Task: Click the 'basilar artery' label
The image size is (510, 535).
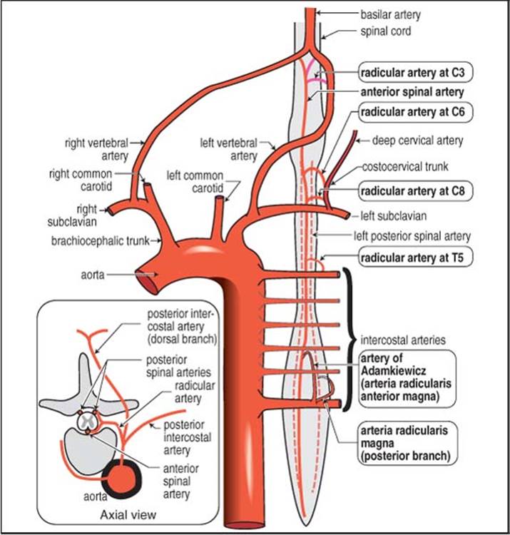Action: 391,15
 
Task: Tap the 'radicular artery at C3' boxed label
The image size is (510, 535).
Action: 416,72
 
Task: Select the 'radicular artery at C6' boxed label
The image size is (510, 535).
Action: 416,112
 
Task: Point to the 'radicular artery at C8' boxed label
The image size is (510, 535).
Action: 416,190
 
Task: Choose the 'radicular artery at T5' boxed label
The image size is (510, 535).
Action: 416,258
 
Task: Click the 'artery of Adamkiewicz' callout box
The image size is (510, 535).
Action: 407,378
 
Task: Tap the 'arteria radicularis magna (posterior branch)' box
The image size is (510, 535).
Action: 407,443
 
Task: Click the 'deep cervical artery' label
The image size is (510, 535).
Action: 417,141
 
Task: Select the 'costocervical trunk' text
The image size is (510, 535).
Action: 405,167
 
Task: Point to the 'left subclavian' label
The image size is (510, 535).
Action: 393,216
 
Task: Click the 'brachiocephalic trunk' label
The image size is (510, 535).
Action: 101,241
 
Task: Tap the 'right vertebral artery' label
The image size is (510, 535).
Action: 97,150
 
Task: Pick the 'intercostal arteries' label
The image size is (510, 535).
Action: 403,340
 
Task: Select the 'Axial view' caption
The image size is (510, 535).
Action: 128,515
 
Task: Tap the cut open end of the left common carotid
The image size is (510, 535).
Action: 220,198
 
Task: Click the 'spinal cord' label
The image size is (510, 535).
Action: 385,31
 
